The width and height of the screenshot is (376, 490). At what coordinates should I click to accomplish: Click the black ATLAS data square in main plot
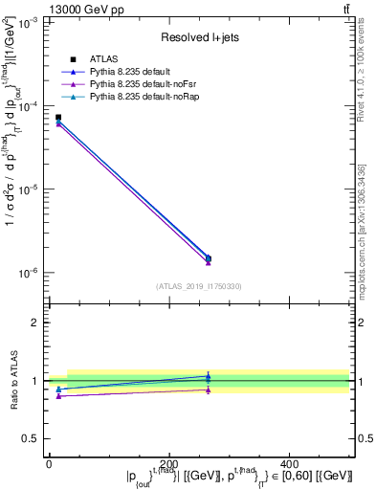coord(58,118)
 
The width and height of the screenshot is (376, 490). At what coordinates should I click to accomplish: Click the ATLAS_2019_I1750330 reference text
coord(199,286)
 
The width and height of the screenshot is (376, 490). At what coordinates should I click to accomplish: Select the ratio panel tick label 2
coord(34,323)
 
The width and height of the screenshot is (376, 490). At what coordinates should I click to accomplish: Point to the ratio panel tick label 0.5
coord(32,439)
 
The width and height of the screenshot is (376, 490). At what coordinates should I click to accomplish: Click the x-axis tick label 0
coord(49,463)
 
